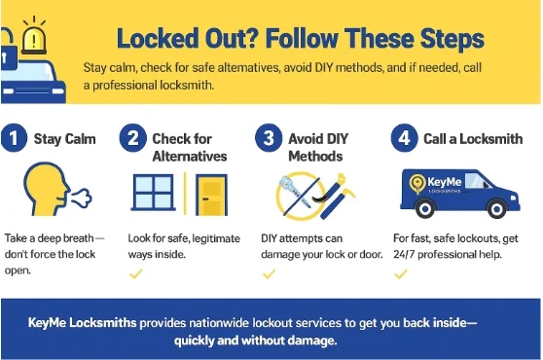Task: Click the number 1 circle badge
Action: click(14, 138)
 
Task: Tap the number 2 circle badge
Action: click(133, 138)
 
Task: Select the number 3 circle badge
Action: click(269, 138)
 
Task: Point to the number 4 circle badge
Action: click(405, 138)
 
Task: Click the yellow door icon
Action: click(211, 195)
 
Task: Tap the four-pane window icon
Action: click(153, 193)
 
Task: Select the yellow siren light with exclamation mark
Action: click(34, 38)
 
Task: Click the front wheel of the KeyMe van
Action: click(496, 209)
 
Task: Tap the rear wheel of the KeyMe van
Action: click(425, 209)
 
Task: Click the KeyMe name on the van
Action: click(445, 182)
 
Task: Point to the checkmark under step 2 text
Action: click(136, 274)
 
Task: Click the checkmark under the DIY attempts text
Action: click(270, 274)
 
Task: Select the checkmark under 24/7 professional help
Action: click(401, 274)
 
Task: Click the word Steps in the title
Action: click(452, 38)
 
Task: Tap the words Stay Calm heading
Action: click(65, 139)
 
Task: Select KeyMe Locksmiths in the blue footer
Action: click(83, 323)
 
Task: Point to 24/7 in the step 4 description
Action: click(404, 254)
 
